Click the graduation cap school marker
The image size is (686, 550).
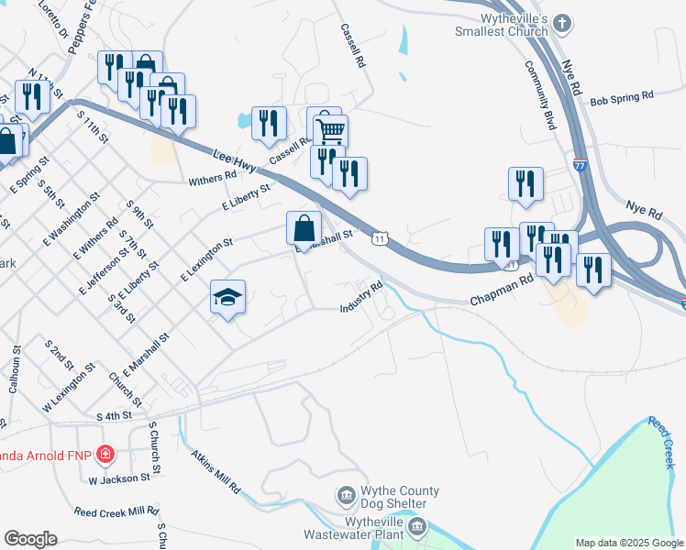(228, 297)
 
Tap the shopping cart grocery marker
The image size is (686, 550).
(329, 129)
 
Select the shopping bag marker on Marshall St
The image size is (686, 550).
(304, 228)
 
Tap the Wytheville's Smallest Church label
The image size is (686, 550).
(501, 25)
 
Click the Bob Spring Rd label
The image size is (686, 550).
(621, 95)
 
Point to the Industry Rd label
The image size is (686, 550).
(363, 297)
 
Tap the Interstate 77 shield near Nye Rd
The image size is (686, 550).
(580, 165)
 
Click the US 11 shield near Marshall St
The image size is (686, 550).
(379, 238)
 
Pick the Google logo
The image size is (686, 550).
(30, 539)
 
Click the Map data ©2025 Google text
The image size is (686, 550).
(628, 543)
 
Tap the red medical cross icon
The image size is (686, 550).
(106, 455)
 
